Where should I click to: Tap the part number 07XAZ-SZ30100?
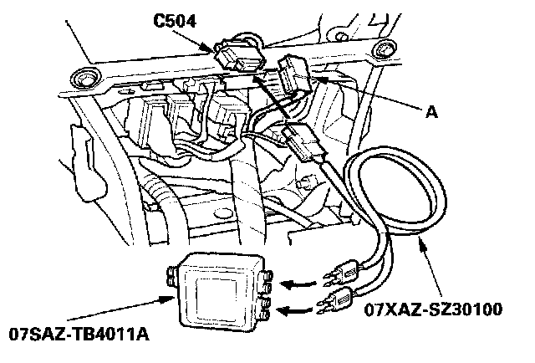pos(434,311)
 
